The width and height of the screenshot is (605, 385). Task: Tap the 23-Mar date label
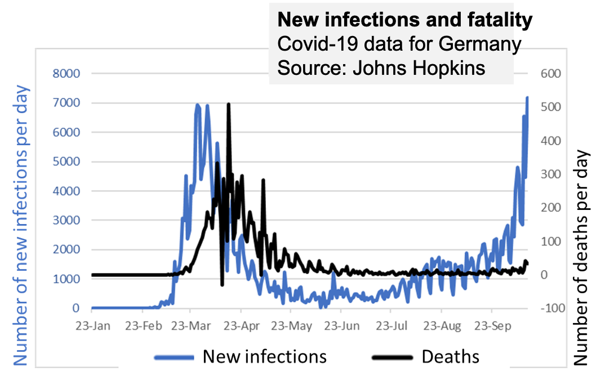point(191,326)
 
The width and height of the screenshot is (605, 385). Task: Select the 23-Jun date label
point(340,326)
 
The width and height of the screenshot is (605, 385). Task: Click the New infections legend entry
point(264,356)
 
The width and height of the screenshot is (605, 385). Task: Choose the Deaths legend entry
point(451,356)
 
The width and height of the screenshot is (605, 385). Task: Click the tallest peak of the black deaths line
point(228,104)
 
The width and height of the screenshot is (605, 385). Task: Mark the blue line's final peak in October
point(527,98)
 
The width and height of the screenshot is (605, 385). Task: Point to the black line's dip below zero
point(222,285)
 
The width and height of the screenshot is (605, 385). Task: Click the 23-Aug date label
point(442,326)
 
